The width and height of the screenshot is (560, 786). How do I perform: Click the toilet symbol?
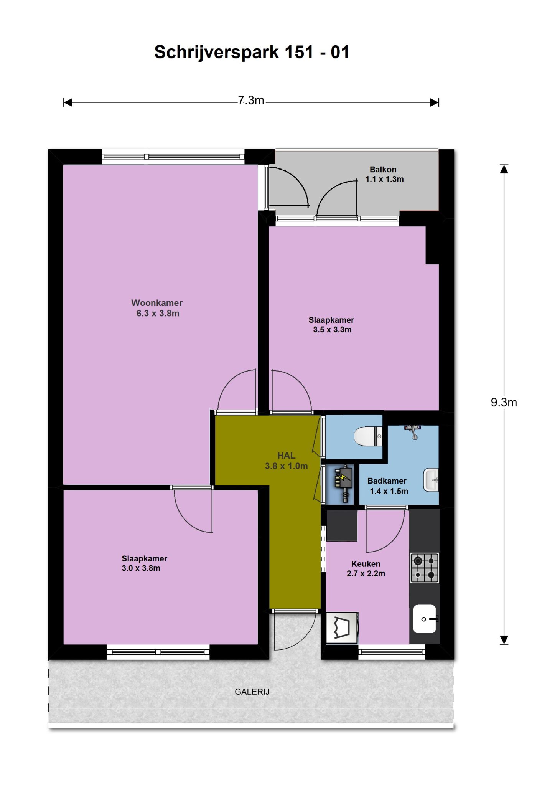pyautogui.click(x=368, y=437)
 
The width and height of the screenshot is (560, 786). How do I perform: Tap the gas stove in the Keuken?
pyautogui.click(x=425, y=568)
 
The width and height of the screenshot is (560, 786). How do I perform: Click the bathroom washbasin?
pyautogui.click(x=431, y=479)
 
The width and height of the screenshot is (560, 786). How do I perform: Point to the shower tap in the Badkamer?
pyautogui.click(x=412, y=431)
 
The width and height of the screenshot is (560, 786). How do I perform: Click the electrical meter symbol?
pyautogui.click(x=343, y=483)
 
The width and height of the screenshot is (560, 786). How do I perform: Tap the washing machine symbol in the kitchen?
pyautogui.click(x=342, y=627)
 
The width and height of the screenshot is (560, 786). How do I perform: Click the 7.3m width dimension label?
pyautogui.click(x=251, y=101)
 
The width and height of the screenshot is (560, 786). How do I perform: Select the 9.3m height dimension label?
pyautogui.click(x=504, y=402)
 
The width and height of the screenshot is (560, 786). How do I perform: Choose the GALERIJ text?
pyautogui.click(x=252, y=692)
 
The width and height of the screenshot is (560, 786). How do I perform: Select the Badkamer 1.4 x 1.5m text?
pyautogui.click(x=388, y=485)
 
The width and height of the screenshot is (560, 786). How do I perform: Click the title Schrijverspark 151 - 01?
pyautogui.click(x=252, y=52)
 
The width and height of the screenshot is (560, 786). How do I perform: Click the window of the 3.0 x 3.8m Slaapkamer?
pyautogui.click(x=158, y=652)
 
